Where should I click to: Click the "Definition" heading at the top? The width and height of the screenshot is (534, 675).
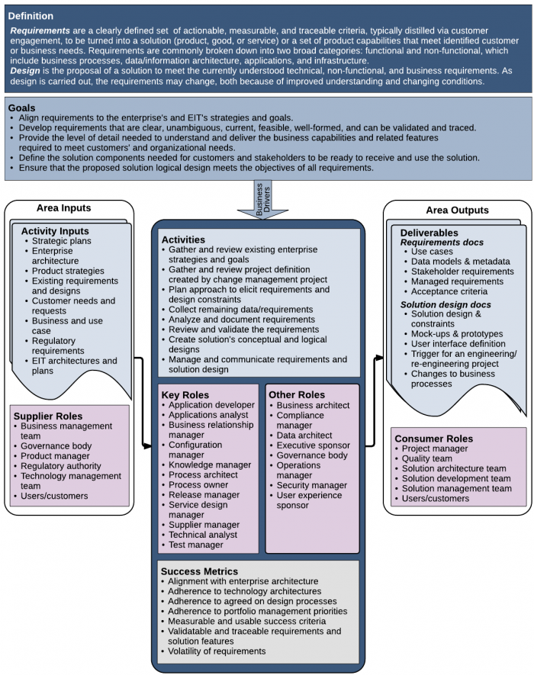click(31, 15)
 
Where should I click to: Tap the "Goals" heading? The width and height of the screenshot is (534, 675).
click(23, 108)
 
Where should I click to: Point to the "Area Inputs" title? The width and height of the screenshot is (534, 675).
click(63, 208)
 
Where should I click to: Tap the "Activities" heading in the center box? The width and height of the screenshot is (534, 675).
click(183, 239)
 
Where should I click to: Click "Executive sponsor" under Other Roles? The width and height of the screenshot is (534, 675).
click(313, 445)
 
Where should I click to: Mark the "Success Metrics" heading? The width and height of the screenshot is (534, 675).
click(199, 571)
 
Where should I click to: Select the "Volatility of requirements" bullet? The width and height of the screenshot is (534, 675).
click(217, 651)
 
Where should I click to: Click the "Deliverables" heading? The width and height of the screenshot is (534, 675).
click(429, 233)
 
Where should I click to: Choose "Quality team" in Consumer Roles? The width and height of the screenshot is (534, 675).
click(426, 459)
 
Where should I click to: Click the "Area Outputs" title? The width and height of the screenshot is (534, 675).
click(457, 211)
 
